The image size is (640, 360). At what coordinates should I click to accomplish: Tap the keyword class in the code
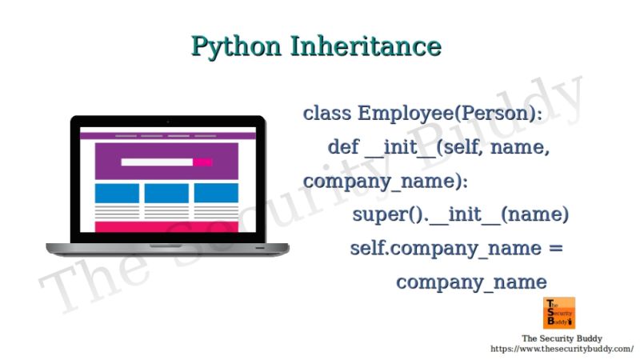[x=327, y=113]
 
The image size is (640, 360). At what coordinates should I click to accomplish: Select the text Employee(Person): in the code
[x=450, y=113]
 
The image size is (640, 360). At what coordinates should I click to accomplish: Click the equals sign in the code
[x=556, y=248]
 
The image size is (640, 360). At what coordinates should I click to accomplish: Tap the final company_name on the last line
[x=471, y=282]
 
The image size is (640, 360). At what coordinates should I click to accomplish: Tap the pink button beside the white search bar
[x=202, y=162]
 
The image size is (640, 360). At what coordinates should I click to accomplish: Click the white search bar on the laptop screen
[x=157, y=162]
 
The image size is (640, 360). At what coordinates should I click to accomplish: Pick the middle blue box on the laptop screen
[x=166, y=193]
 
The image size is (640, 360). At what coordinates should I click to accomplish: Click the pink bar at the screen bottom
[x=166, y=227]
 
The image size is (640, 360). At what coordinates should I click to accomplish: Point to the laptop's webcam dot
[x=167, y=121]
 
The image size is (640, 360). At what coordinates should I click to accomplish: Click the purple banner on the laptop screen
[x=166, y=161]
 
